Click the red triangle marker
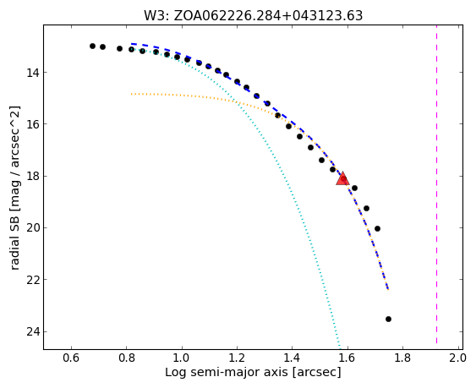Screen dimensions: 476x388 [x=342, y=178]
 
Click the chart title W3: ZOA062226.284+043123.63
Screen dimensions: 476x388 [x=253, y=15]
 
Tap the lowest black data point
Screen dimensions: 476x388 [x=388, y=319]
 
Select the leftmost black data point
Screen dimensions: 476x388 [x=93, y=46]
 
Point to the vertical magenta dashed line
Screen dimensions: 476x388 [x=436, y=184]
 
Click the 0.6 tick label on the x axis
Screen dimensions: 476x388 [x=71, y=358]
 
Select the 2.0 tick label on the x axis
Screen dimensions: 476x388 [x=457, y=358]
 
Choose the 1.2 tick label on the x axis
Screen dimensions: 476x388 [x=237, y=358]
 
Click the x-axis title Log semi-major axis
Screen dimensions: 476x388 [x=226, y=372]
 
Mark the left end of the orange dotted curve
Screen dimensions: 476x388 [x=131, y=94]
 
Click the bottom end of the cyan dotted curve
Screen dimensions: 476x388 [x=339, y=347]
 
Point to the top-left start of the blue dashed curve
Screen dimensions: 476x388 [x=131, y=44]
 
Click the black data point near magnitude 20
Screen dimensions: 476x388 [x=377, y=228]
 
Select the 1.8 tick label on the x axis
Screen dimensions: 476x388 [x=402, y=358]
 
